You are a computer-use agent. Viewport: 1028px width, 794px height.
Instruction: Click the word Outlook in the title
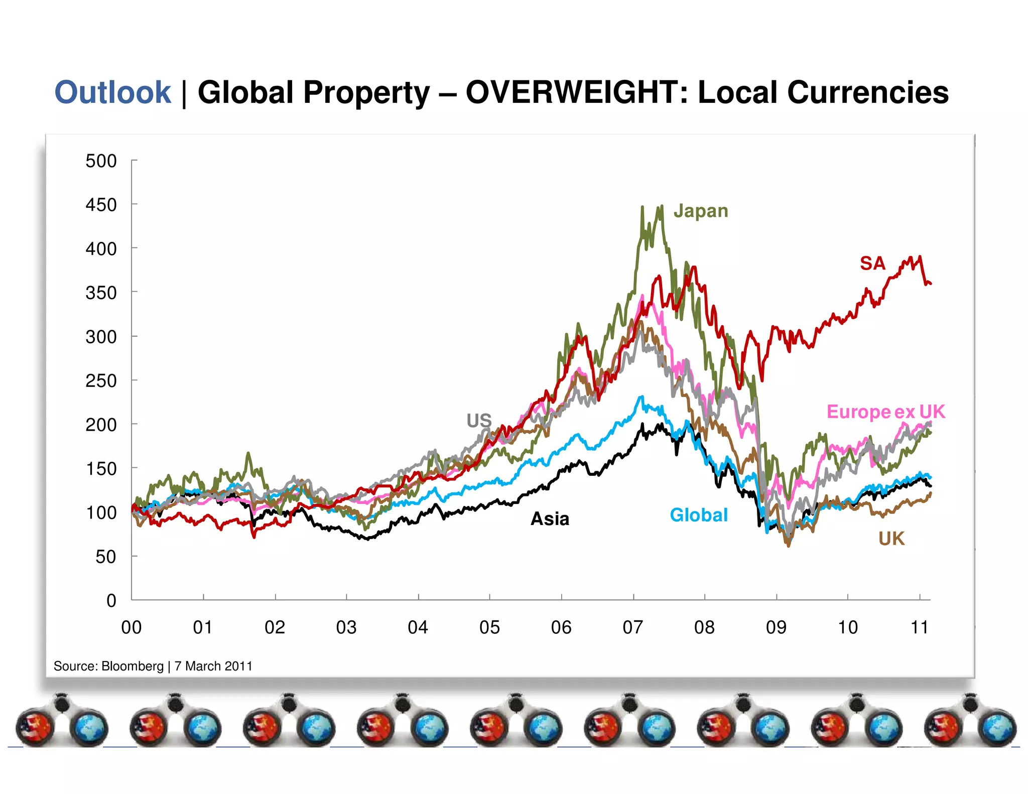[113, 93]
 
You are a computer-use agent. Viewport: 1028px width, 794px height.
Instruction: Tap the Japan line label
[700, 211]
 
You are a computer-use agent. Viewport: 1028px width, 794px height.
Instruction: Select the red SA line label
[872, 263]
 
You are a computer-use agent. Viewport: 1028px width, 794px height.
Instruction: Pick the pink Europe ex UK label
[885, 412]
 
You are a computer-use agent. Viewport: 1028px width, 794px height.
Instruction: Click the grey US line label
[479, 421]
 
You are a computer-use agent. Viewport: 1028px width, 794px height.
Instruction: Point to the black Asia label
[550, 518]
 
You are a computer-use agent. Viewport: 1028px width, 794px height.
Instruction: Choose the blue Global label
[698, 515]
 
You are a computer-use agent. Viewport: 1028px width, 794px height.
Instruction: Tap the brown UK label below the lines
[891, 539]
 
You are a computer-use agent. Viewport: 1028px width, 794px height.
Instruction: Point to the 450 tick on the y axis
[101, 205]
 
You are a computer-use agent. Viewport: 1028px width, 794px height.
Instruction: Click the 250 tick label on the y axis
[101, 380]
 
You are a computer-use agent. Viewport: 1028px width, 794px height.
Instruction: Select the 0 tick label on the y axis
[111, 600]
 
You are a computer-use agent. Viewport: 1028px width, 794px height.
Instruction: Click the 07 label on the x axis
[632, 627]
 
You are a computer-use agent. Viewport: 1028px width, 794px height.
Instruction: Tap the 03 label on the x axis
[346, 627]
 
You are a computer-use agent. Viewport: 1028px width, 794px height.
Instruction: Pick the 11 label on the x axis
[919, 627]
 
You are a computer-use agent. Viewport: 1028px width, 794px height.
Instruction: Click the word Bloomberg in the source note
[133, 666]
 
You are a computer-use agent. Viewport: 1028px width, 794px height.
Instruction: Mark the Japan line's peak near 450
[642, 207]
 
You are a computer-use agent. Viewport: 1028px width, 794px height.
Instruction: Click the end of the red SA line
[931, 284]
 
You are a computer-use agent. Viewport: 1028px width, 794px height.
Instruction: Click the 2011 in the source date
[238, 666]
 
